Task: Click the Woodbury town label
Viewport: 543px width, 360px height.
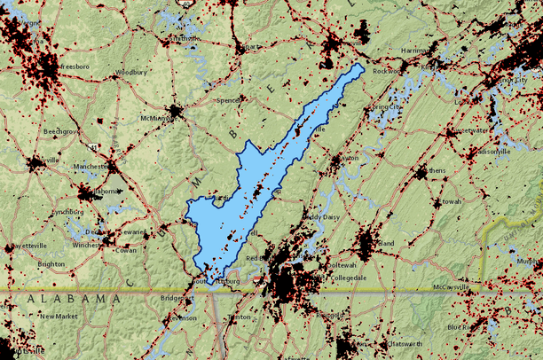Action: pyautogui.click(x=131, y=72)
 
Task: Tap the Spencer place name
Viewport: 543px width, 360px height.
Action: pyautogui.click(x=229, y=100)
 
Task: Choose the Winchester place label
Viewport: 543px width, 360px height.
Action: pyautogui.click(x=89, y=245)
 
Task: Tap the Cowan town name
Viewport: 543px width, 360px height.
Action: pyautogui.click(x=126, y=250)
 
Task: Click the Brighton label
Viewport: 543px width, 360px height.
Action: pyautogui.click(x=51, y=264)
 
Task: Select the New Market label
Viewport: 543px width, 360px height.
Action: pyautogui.click(x=59, y=316)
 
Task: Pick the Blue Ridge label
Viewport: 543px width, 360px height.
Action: pyautogui.click(x=466, y=326)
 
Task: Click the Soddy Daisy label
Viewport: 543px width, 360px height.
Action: pyautogui.click(x=321, y=216)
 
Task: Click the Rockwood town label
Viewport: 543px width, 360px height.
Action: pyautogui.click(x=388, y=71)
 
